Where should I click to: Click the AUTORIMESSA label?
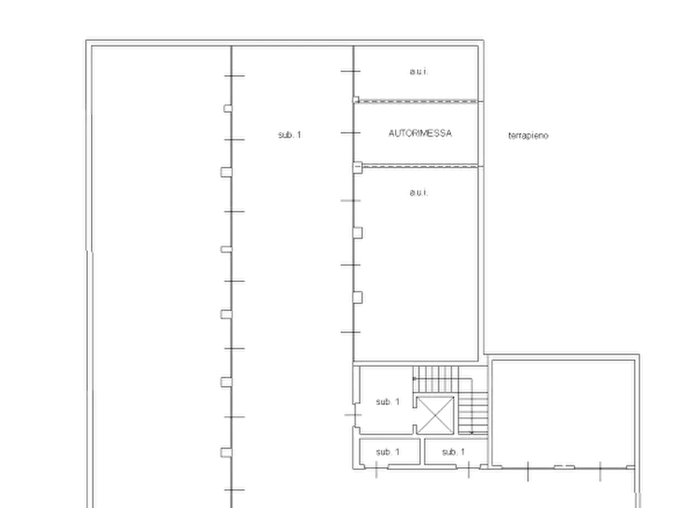pos(420,133)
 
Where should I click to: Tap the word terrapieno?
pos(528,136)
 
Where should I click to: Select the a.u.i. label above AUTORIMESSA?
pos(418,71)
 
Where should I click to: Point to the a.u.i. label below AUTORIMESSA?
pos(418,193)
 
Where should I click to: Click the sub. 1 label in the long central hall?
pos(290,135)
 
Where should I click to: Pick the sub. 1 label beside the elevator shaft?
pos(387,402)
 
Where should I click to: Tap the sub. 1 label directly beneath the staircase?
pos(453,452)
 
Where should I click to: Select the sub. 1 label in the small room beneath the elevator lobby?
pos(387,452)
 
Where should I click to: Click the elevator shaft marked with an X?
pos(435,415)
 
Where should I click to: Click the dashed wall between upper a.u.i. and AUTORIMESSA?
pos(418,102)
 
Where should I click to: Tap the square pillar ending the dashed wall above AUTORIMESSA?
pos(356,100)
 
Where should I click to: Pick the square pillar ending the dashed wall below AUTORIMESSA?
pos(358,167)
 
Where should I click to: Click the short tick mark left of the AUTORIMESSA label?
pos(350,133)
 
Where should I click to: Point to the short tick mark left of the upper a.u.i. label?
pos(350,71)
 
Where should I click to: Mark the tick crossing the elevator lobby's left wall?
pos(353,415)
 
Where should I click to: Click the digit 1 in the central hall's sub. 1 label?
pos(299,135)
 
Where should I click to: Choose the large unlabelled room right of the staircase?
pos(563,413)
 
